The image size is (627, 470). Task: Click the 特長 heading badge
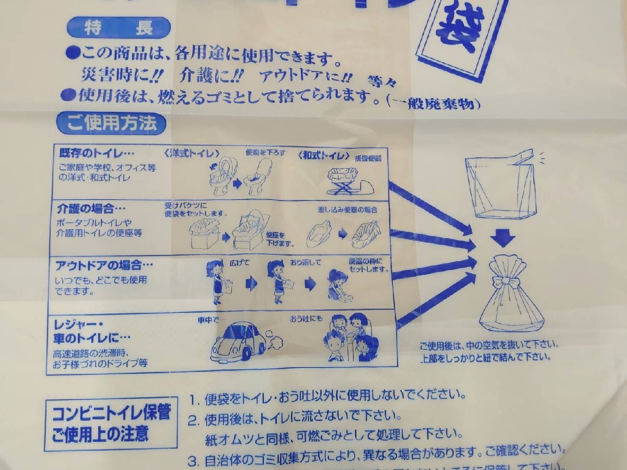(x=119, y=28)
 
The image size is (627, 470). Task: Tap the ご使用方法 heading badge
(x=111, y=124)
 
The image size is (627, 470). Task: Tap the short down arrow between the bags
(x=503, y=239)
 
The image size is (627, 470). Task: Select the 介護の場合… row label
(x=86, y=208)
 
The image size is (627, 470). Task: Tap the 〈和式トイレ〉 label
(x=324, y=155)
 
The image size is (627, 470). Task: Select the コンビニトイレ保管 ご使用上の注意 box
(x=111, y=424)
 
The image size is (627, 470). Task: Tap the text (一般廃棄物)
(x=432, y=104)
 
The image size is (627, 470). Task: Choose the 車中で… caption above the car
(x=211, y=318)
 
